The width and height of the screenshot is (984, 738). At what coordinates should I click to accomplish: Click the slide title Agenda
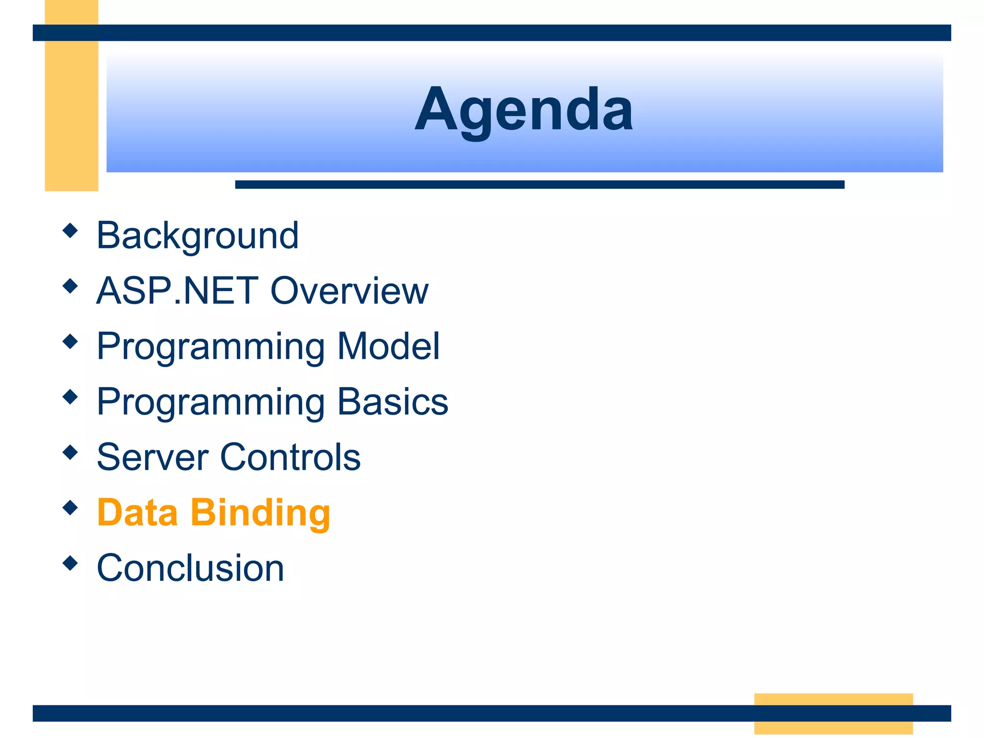click(x=524, y=110)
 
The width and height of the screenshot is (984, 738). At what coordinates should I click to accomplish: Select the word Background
click(x=197, y=235)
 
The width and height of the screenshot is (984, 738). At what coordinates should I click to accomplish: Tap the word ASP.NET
click(x=177, y=291)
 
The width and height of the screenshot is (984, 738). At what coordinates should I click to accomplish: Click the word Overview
click(x=349, y=291)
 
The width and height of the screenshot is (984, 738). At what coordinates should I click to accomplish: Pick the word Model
click(x=388, y=346)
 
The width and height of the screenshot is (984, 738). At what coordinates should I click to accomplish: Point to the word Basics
click(x=393, y=402)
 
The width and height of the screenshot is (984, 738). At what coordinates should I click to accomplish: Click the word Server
click(x=152, y=457)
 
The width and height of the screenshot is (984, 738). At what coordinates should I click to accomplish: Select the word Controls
click(x=290, y=457)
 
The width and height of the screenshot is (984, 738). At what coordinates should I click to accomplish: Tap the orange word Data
click(x=137, y=512)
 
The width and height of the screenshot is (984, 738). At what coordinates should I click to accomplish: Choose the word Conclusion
click(x=190, y=568)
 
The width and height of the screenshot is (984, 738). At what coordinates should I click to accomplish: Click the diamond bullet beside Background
click(x=70, y=231)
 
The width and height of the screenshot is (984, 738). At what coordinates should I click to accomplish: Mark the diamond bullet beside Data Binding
click(x=70, y=507)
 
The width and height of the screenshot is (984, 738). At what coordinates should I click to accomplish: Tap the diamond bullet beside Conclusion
click(x=70, y=563)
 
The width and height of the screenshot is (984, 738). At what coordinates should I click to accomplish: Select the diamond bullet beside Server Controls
click(x=70, y=452)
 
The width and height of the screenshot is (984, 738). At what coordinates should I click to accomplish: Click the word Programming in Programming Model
click(x=211, y=347)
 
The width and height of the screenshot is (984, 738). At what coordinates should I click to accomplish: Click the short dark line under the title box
click(x=540, y=184)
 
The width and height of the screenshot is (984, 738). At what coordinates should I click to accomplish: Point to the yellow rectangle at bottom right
click(x=833, y=713)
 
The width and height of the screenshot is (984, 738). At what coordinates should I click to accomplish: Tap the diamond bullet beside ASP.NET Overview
click(x=70, y=286)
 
